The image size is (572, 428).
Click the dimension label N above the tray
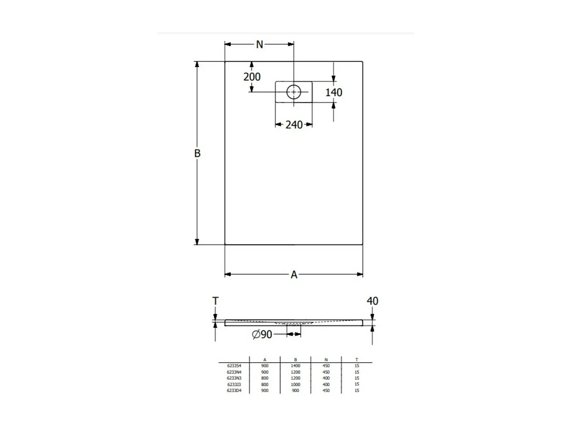260,44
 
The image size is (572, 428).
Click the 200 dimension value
252,77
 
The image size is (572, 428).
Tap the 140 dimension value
334,92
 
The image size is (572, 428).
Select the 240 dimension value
294,124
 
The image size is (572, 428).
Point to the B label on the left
197,153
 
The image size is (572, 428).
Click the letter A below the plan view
294,274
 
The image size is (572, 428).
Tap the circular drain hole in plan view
294,92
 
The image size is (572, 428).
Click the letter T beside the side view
215,301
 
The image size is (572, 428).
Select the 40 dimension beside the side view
373,301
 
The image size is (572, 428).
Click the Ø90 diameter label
262,335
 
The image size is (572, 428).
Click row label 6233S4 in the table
234,366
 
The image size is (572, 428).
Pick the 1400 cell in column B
295,366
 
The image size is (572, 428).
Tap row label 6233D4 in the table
234,390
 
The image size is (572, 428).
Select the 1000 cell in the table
295,384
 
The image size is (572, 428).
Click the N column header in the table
326,359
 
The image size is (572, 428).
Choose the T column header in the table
357,359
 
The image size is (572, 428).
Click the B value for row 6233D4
295,390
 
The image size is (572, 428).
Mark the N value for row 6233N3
326,378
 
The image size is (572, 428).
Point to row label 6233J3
234,384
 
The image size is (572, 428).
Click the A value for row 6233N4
265,372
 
